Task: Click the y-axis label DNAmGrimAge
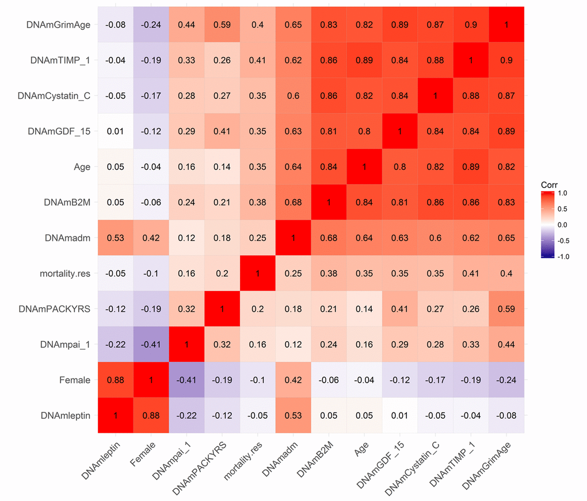click(x=58, y=25)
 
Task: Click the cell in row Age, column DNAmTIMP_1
click(x=470, y=167)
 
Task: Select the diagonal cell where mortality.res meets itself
click(x=257, y=273)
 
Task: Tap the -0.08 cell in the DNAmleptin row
click(x=506, y=415)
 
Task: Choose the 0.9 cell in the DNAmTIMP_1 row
click(x=506, y=60)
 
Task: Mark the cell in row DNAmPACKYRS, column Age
click(x=364, y=309)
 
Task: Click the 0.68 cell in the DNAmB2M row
click(x=293, y=202)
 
